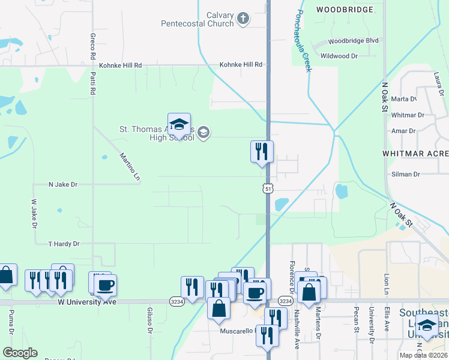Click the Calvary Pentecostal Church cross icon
pyautogui.click(x=243, y=19)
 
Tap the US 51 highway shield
pyautogui.click(x=268, y=188)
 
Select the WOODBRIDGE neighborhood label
pyautogui.click(x=345, y=10)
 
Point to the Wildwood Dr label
pyautogui.click(x=339, y=56)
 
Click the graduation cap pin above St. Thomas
pyautogui.click(x=179, y=125)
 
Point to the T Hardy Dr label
pyautogui.click(x=64, y=244)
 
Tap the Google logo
pyautogui.click(x=20, y=353)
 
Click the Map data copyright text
pyautogui.click(x=423, y=355)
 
